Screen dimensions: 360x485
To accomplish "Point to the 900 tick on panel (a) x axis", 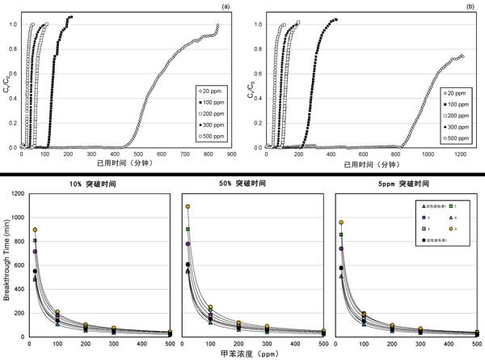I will click(x=231, y=154).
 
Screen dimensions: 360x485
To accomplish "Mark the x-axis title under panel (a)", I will click(x=122, y=163).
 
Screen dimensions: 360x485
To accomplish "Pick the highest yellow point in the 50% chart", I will click(x=188, y=207).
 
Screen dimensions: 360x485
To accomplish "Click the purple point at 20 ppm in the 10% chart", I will click(x=35, y=252).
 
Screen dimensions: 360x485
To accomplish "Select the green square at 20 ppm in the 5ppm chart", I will click(x=341, y=235).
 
